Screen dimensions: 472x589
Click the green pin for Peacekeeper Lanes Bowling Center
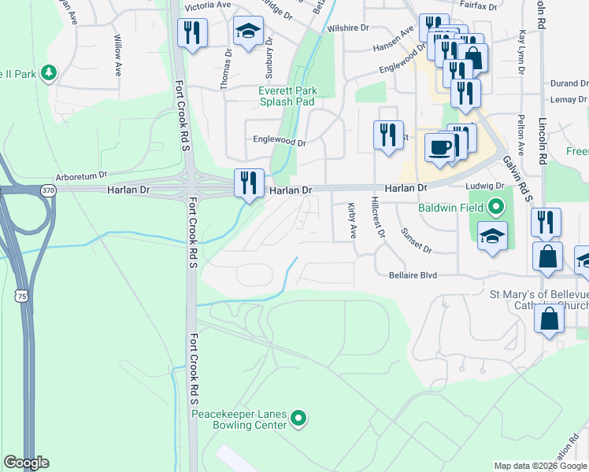[x=298, y=419]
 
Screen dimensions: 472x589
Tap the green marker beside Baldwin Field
[x=495, y=208]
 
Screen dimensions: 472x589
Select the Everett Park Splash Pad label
[x=287, y=96]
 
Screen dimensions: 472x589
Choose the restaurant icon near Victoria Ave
[x=192, y=34]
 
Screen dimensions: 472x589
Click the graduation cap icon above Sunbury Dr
[x=248, y=31]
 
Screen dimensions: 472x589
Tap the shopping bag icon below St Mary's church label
[x=550, y=319]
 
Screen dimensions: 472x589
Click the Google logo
[x=26, y=463]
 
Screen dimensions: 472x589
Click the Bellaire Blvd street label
[x=424, y=275]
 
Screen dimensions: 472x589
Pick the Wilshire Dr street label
[x=348, y=28]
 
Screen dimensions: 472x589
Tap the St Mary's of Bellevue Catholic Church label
[x=539, y=300]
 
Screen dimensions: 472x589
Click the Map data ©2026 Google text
[x=541, y=466]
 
